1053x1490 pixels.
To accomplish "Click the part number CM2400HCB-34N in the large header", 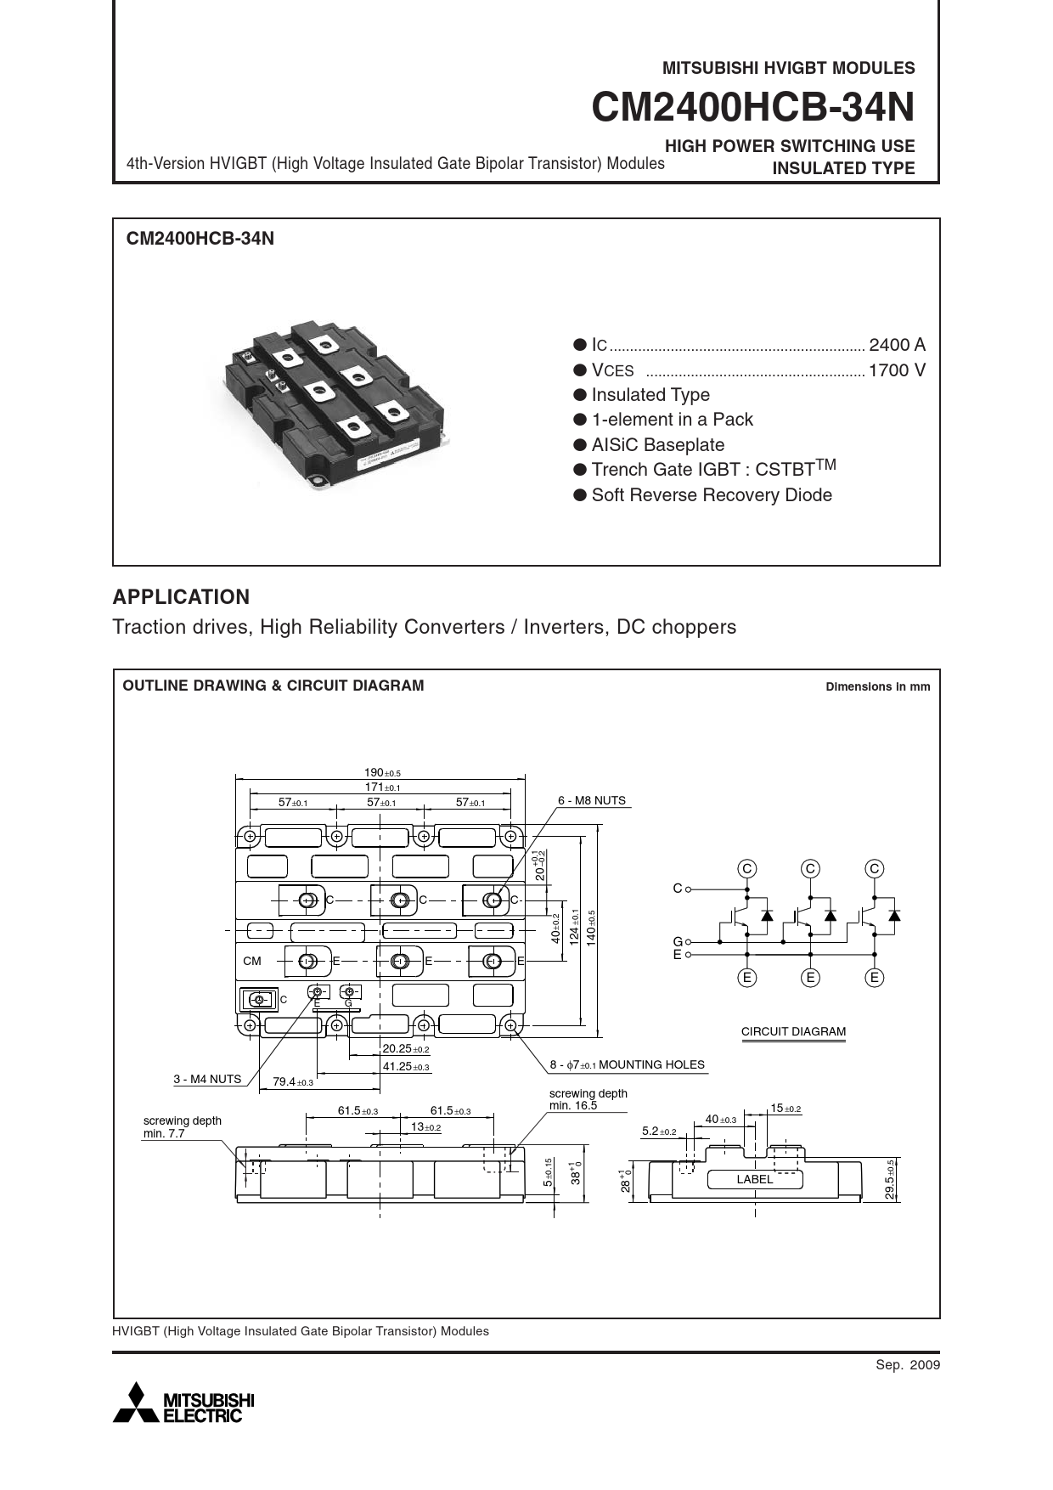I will pos(752,108).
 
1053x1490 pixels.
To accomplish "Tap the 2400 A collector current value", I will pos(897,345).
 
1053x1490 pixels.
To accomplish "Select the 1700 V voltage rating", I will pos(897,370).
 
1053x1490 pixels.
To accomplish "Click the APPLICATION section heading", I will pos(181,597).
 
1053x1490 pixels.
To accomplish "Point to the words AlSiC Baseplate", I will pos(657,445).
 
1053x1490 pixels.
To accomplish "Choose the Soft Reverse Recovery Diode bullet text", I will pos(711,495).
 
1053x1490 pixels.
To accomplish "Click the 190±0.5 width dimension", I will pos(381,773).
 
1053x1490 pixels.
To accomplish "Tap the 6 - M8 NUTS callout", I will pos(591,800).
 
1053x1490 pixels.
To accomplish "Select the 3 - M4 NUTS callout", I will pos(207,1079).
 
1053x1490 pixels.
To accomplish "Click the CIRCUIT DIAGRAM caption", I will pos(793,1031).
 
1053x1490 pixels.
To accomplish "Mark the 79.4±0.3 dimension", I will pos(292,1082).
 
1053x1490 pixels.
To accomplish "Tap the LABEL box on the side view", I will pos(754,1179).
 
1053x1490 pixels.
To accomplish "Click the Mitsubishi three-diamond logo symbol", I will pos(135,1403).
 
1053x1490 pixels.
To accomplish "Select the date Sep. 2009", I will pos(908,1365).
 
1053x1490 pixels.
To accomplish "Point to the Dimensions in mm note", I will pos(877,686).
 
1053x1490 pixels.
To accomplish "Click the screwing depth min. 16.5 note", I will pos(588,1099).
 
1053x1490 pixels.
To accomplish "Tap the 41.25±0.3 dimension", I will pos(405,1066).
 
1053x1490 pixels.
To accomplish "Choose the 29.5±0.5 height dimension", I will pos(889,1179).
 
